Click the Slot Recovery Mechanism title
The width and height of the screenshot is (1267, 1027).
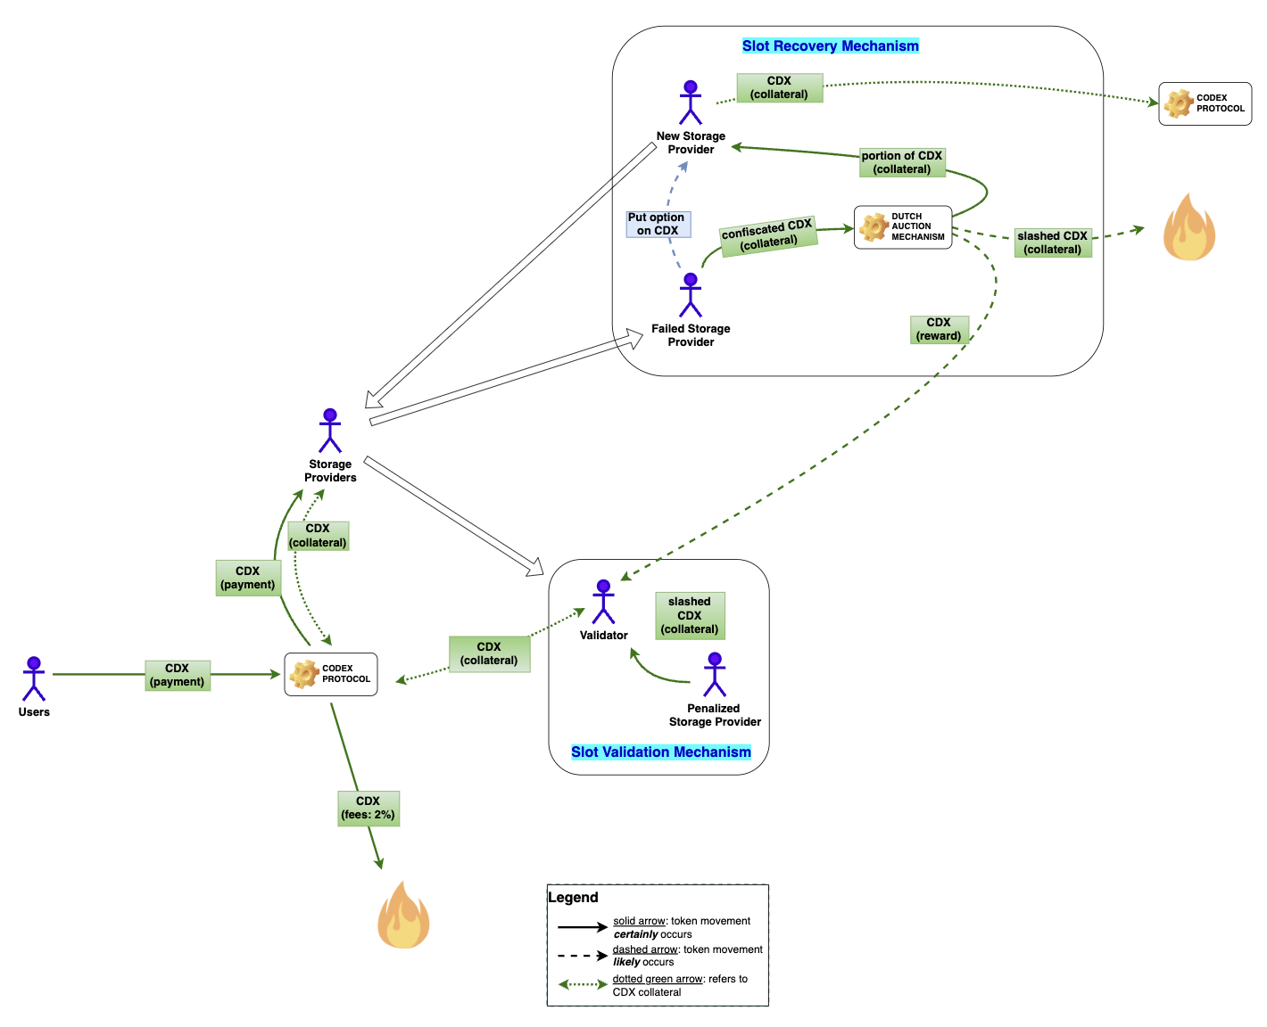(x=830, y=46)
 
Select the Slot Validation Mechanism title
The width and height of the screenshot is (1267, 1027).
(x=660, y=752)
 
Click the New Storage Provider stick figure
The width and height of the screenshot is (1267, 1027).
(x=690, y=103)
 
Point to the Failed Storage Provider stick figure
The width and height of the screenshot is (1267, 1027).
(x=690, y=295)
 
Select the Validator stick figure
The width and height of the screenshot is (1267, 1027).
(x=603, y=602)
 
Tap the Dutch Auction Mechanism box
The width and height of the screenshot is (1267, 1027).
(x=903, y=227)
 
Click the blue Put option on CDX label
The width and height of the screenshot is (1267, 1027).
(x=658, y=224)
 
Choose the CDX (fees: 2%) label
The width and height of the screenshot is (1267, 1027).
(x=368, y=809)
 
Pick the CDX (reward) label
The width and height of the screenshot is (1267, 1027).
(x=939, y=329)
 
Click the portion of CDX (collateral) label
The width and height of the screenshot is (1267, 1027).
(x=901, y=162)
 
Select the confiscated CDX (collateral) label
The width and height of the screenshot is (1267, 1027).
(x=768, y=236)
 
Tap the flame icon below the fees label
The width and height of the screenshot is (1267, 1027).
(x=403, y=916)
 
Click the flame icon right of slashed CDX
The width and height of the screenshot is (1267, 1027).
(x=1188, y=228)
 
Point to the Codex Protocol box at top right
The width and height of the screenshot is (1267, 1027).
(x=1205, y=103)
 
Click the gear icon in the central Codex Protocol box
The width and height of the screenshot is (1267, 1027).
(x=304, y=674)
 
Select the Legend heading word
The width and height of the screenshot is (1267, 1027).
(x=573, y=898)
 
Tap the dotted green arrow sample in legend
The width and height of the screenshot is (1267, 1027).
(x=583, y=985)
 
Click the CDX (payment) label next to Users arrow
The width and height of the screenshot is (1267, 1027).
(x=178, y=675)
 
